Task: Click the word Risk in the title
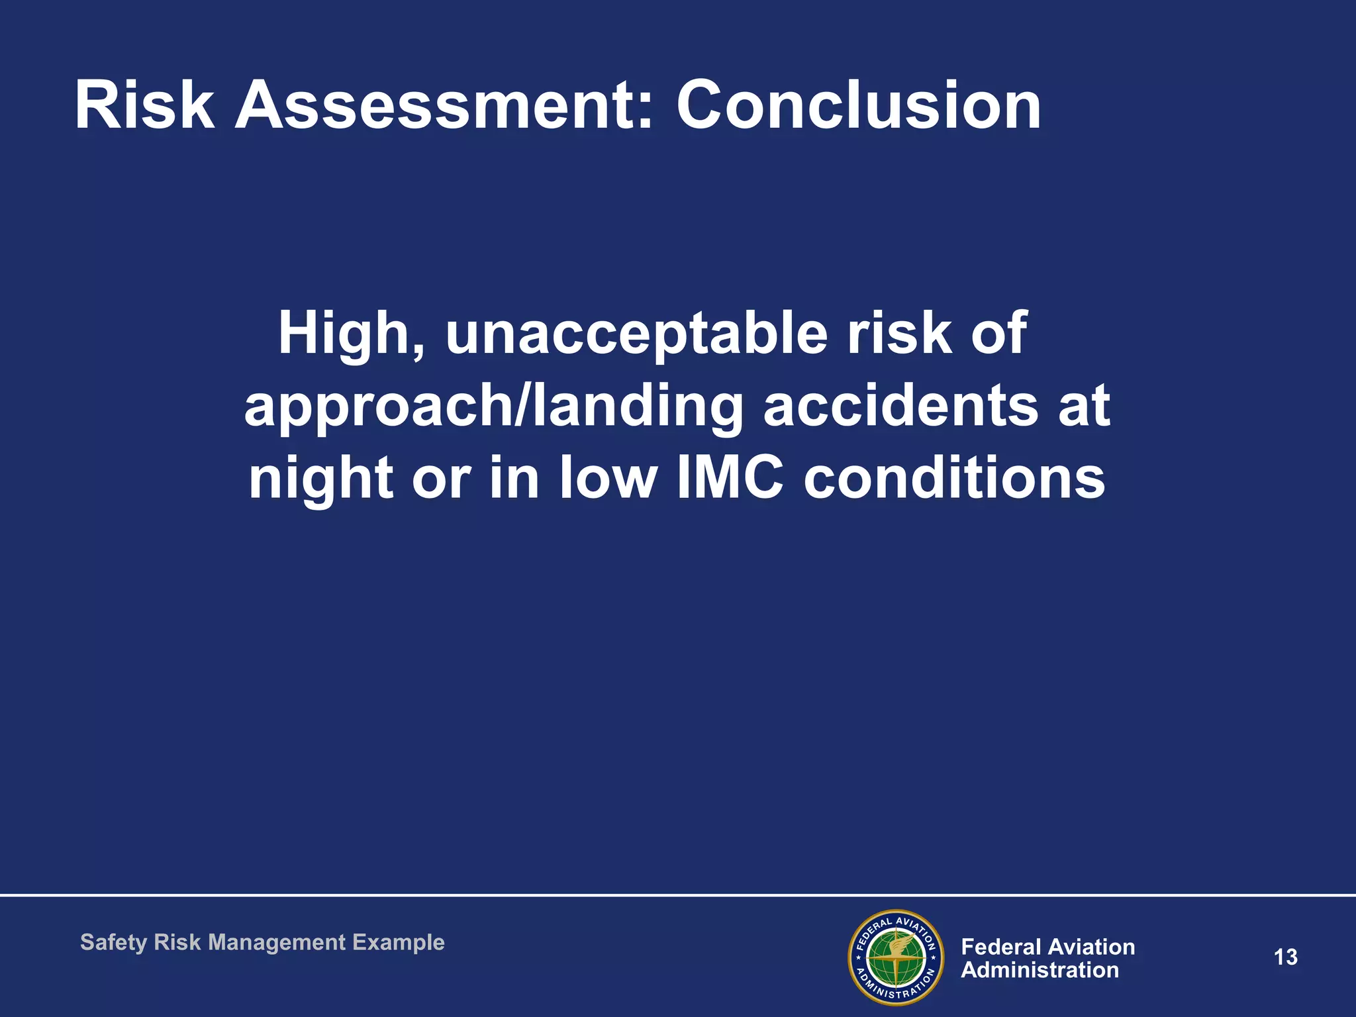tap(144, 106)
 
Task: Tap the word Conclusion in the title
tap(858, 106)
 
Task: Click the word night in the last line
tap(321, 480)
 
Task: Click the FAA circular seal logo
tap(895, 957)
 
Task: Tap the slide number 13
tap(1285, 957)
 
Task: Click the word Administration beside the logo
tap(1040, 971)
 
